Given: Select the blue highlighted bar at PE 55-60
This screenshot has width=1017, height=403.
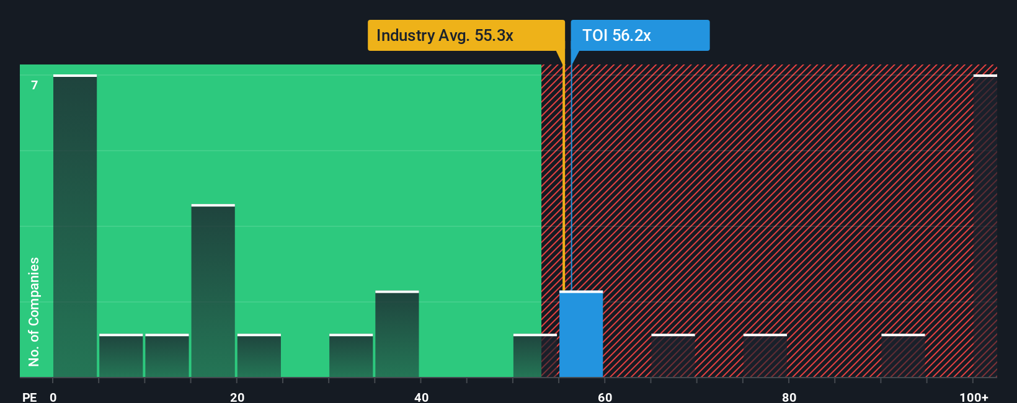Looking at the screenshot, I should (x=581, y=334).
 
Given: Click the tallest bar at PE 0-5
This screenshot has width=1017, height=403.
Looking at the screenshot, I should (x=75, y=226).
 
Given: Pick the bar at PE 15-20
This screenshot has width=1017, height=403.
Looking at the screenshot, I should (x=213, y=291).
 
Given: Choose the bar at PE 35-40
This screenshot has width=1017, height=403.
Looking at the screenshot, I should (x=397, y=334).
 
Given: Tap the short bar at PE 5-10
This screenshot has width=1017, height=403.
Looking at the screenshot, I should (x=121, y=356).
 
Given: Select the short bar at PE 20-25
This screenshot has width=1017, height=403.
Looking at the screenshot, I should (x=259, y=356).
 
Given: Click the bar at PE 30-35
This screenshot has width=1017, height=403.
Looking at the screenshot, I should (x=351, y=356).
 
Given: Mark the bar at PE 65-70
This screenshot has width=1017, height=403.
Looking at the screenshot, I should (x=673, y=356).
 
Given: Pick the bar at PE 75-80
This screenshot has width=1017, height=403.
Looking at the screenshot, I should (x=765, y=356).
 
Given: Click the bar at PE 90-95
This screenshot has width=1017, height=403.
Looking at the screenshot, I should (x=903, y=356).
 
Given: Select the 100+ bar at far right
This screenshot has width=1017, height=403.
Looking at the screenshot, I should (x=985, y=226).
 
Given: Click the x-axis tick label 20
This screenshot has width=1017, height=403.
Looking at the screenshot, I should (x=237, y=397).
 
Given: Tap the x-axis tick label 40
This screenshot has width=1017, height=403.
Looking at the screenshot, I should (x=421, y=397).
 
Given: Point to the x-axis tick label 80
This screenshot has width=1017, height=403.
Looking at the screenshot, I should (x=789, y=397).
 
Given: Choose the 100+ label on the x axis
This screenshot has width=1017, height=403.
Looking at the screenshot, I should (x=974, y=397).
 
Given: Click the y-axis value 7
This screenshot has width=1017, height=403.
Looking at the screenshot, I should (x=35, y=85).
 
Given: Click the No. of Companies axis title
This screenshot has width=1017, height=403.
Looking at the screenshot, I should (x=34, y=311).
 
